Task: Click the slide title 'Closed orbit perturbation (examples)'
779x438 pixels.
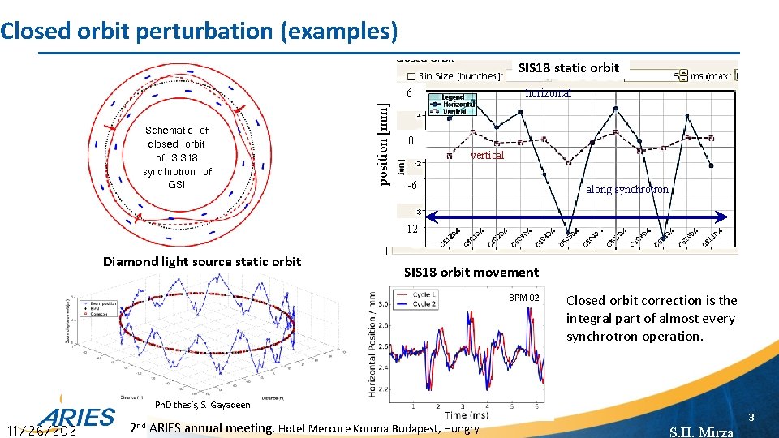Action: pos(199,31)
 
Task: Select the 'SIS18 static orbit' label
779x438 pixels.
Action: pos(568,68)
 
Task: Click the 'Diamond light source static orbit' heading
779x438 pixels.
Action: pos(201,261)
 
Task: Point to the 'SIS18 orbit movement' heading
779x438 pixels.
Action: pos(471,273)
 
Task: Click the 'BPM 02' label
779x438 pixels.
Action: pos(523,298)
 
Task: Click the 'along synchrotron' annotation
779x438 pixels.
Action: pos(626,190)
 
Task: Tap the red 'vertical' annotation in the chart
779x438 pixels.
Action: pos(487,156)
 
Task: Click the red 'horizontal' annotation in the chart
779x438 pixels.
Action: pos(548,93)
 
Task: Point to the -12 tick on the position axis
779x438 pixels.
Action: pos(411,230)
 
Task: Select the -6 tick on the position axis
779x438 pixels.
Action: pos(411,187)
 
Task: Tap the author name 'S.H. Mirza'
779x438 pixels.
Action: pos(701,432)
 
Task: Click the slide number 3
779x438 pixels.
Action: pos(751,418)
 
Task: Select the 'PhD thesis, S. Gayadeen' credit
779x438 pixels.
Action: pos(203,405)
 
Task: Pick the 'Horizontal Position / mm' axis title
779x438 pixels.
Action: pos(372,345)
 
